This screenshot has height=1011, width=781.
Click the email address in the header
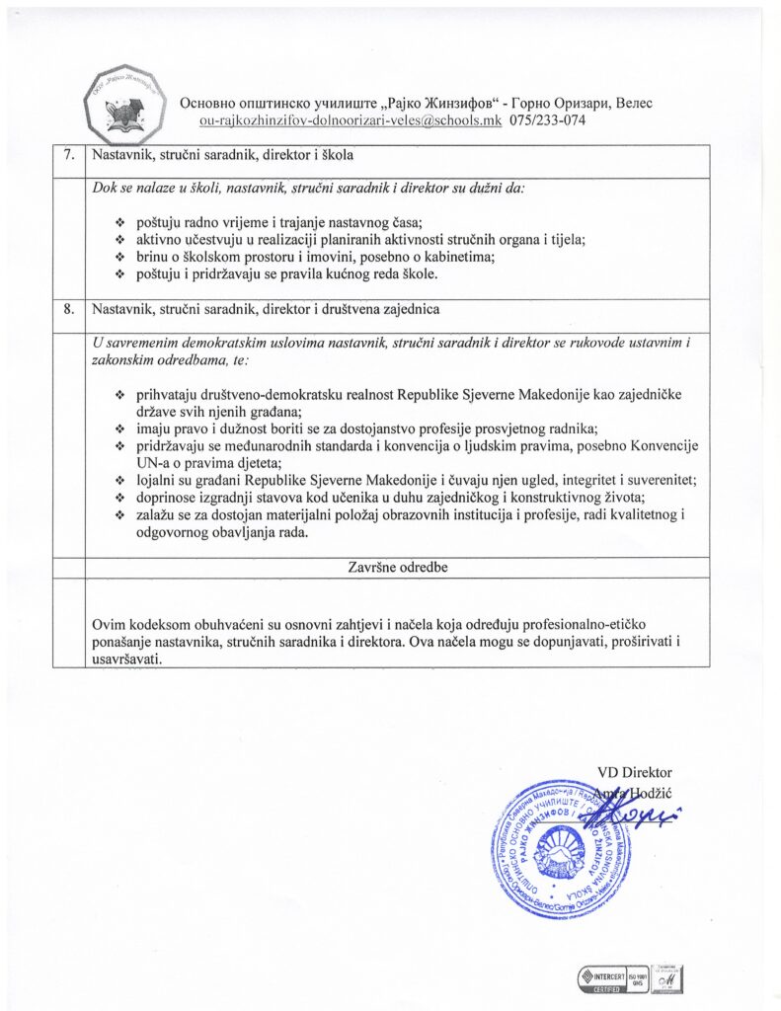coord(351,121)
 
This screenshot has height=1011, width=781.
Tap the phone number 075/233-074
coord(555,121)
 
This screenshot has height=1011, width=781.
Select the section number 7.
coord(68,156)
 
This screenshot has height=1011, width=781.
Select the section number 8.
coord(68,308)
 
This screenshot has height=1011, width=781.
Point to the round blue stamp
coord(558,851)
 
